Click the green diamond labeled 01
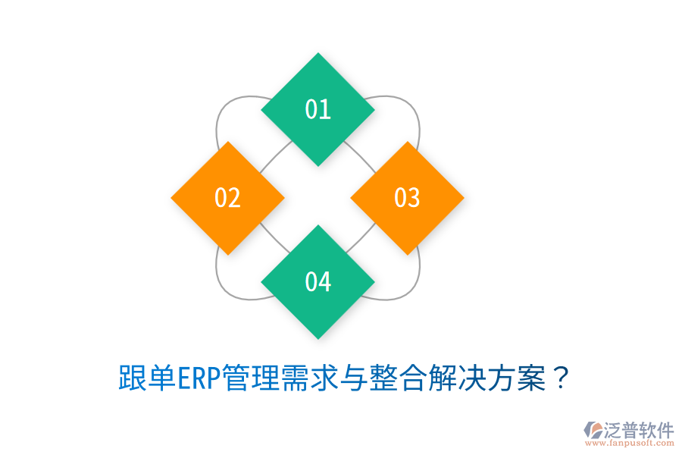318,109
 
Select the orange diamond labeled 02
227,198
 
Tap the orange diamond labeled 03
407,198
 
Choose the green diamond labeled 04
318,281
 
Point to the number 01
318,109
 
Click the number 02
227,198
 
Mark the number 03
407,198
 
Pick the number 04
318,281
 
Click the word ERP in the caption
199,378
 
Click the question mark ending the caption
560,378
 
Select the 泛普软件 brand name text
638,430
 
